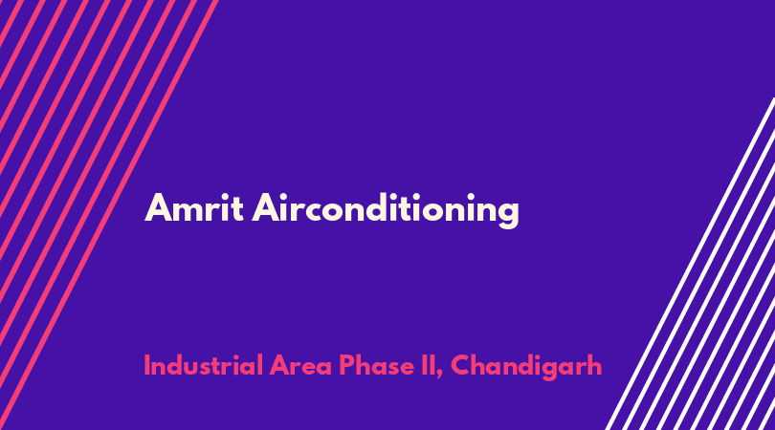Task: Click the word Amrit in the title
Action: click(x=193, y=208)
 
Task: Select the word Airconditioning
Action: click(x=386, y=211)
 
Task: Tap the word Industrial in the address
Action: click(x=203, y=365)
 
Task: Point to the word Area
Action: click(x=300, y=366)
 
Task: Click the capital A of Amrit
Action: click(x=158, y=208)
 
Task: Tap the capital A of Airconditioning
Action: click(x=266, y=208)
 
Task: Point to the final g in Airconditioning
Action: click(x=507, y=215)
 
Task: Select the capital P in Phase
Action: click(x=347, y=366)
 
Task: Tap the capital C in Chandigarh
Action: click(x=461, y=366)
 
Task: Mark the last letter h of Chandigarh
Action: click(x=594, y=365)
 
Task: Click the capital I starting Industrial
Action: click(x=146, y=366)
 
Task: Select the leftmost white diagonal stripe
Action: click(x=690, y=264)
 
